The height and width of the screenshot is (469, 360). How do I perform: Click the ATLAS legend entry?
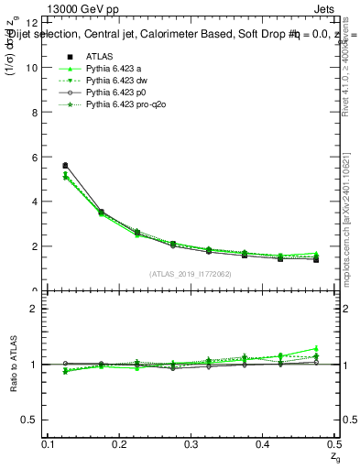pyautogui.click(x=98, y=56)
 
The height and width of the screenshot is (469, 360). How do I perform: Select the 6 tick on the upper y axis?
pyautogui.click(x=34, y=157)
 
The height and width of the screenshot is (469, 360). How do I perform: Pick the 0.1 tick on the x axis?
pyautogui.click(x=49, y=444)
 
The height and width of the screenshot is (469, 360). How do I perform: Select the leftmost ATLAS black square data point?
pyautogui.click(x=65, y=166)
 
